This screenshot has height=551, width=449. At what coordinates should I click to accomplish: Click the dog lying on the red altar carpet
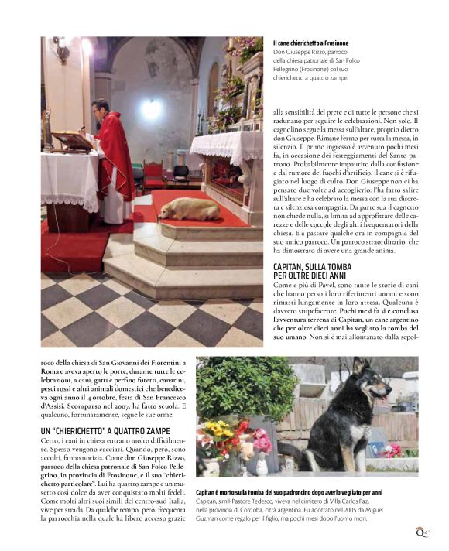coord(190,208)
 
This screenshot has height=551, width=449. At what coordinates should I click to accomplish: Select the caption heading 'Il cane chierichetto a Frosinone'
coord(311,43)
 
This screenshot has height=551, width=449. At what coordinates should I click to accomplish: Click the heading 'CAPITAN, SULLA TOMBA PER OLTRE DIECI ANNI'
coord(312,272)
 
